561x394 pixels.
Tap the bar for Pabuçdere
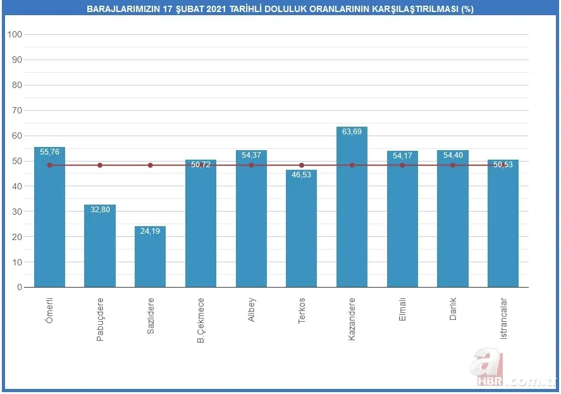pyautogui.click(x=100, y=247)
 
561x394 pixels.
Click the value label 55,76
pyautogui.click(x=49, y=152)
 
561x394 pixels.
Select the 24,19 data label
pyautogui.click(x=150, y=231)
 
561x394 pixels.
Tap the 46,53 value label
pyautogui.click(x=301, y=175)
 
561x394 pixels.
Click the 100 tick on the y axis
pyautogui.click(x=15, y=34)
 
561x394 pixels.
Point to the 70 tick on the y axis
pyautogui.click(x=17, y=110)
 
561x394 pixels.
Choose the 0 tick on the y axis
pyautogui.click(x=20, y=287)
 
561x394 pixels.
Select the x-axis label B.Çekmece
pyautogui.click(x=200, y=320)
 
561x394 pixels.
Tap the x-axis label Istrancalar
pyautogui.click(x=503, y=319)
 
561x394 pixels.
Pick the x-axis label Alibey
pyautogui.click(x=251, y=309)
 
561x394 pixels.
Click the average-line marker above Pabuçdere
pyautogui.click(x=100, y=165)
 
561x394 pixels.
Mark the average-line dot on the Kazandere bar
pyautogui.click(x=352, y=165)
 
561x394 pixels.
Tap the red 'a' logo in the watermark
pyautogui.click(x=485, y=364)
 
